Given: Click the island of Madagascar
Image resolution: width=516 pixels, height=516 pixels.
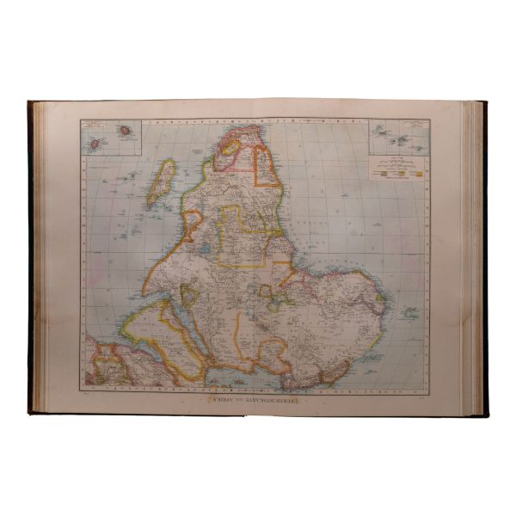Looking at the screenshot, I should (x=161, y=183).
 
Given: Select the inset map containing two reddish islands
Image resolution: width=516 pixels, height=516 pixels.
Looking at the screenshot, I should (x=111, y=137).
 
